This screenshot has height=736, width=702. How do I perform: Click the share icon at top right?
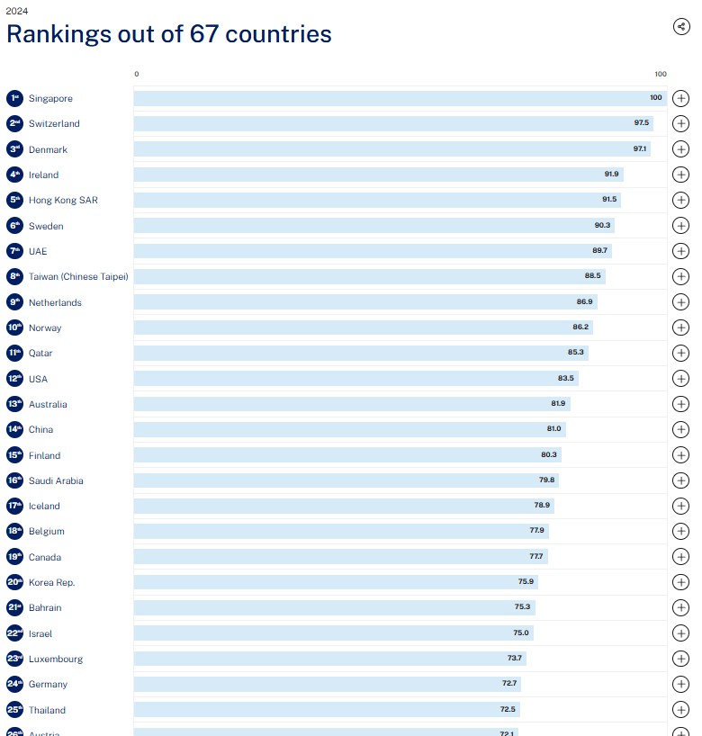[x=681, y=26]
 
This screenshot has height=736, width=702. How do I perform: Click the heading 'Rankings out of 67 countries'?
[x=169, y=34]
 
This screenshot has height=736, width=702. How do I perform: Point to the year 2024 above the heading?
[x=16, y=11]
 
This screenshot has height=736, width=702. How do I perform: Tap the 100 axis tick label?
[x=661, y=74]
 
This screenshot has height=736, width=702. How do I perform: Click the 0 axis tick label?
[x=137, y=74]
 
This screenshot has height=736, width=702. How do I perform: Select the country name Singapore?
[x=50, y=98]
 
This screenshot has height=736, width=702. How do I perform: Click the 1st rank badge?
[x=14, y=98]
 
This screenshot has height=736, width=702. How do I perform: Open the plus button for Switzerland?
[x=681, y=124]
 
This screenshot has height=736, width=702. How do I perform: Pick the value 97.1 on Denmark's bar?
[x=640, y=149]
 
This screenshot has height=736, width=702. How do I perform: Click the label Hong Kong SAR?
[x=63, y=200]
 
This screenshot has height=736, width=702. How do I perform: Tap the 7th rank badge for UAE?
[x=14, y=251]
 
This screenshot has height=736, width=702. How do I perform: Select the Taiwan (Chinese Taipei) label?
[x=78, y=276]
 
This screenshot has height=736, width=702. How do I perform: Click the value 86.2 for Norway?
[x=581, y=328]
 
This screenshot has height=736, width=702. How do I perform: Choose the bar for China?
[x=349, y=429]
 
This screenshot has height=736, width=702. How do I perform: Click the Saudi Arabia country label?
[x=56, y=480]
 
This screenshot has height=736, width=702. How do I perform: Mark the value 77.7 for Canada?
[x=535, y=557]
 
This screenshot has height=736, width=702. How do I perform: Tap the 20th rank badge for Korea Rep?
[x=14, y=582]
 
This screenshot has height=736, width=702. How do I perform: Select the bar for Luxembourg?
[x=329, y=659]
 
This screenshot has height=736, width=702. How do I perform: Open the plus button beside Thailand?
[x=681, y=710]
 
